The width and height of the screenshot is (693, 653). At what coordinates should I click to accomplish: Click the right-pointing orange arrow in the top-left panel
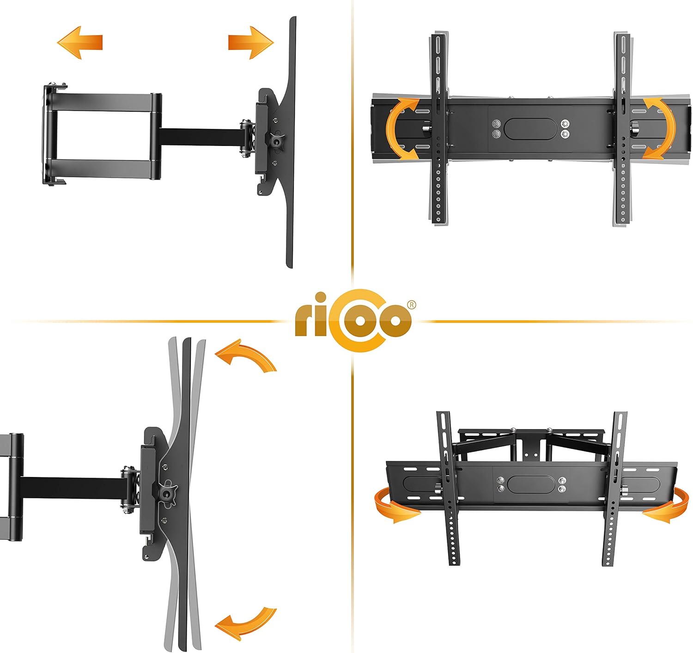[251, 42]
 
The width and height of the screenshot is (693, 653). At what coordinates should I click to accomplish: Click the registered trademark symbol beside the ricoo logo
[411, 305]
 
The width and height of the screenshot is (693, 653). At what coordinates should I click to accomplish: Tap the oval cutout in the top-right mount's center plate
[529, 129]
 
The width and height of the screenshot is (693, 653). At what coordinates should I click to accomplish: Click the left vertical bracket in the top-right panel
[438, 128]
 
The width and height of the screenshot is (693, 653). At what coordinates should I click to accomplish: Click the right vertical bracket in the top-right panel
[623, 128]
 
